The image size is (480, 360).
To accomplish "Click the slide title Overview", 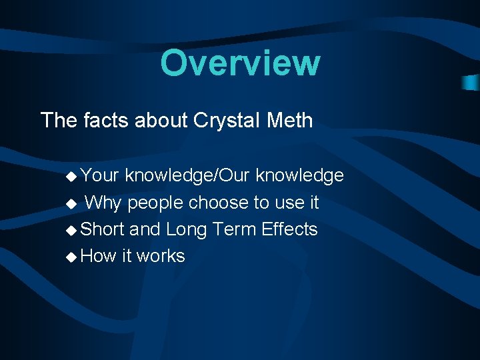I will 240,63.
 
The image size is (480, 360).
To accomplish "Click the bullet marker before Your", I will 71,176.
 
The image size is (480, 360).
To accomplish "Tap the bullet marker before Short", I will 71,230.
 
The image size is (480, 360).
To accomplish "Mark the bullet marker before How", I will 71,257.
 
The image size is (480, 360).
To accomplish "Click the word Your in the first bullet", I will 100,175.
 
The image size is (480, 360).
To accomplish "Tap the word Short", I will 102,229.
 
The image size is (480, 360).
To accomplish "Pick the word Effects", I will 289,229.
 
